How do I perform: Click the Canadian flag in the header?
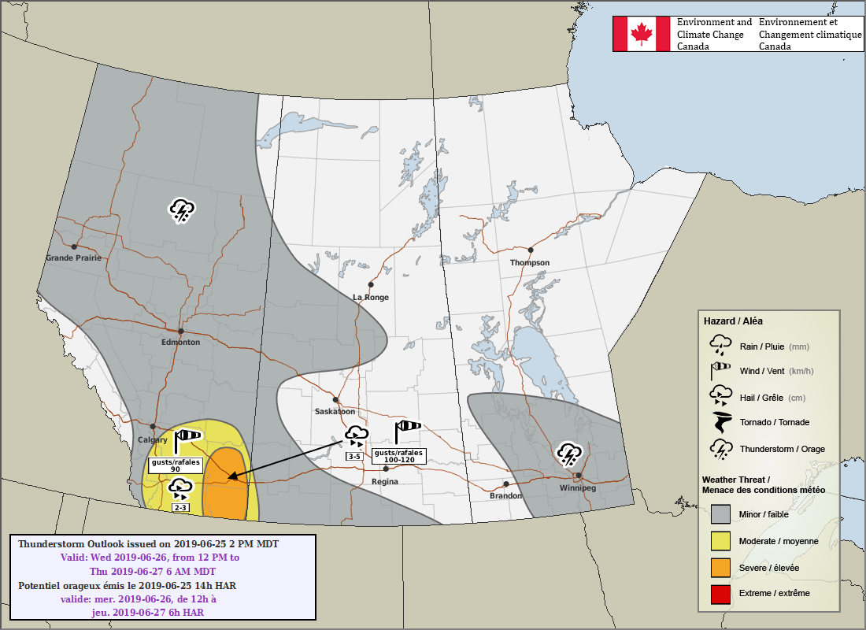click(x=642, y=34)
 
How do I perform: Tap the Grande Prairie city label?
click(x=73, y=258)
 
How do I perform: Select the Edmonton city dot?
click(x=181, y=332)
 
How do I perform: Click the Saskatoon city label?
click(x=335, y=411)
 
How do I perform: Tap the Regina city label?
click(x=385, y=481)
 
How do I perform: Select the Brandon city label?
click(x=505, y=495)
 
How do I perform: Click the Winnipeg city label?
click(x=578, y=487)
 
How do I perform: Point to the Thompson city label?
click(x=529, y=262)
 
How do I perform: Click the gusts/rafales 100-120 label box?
click(x=398, y=455)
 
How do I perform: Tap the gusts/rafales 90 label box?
click(x=176, y=465)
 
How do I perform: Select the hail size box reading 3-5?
click(x=353, y=456)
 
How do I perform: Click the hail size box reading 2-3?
click(x=180, y=508)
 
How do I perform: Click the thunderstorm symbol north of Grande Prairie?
click(x=182, y=210)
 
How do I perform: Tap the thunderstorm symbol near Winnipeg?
click(x=568, y=454)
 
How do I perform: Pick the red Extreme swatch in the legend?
click(x=720, y=592)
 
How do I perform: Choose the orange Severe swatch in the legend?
click(x=720, y=567)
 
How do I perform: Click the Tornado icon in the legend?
click(x=720, y=423)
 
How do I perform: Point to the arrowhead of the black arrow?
click(x=231, y=476)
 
